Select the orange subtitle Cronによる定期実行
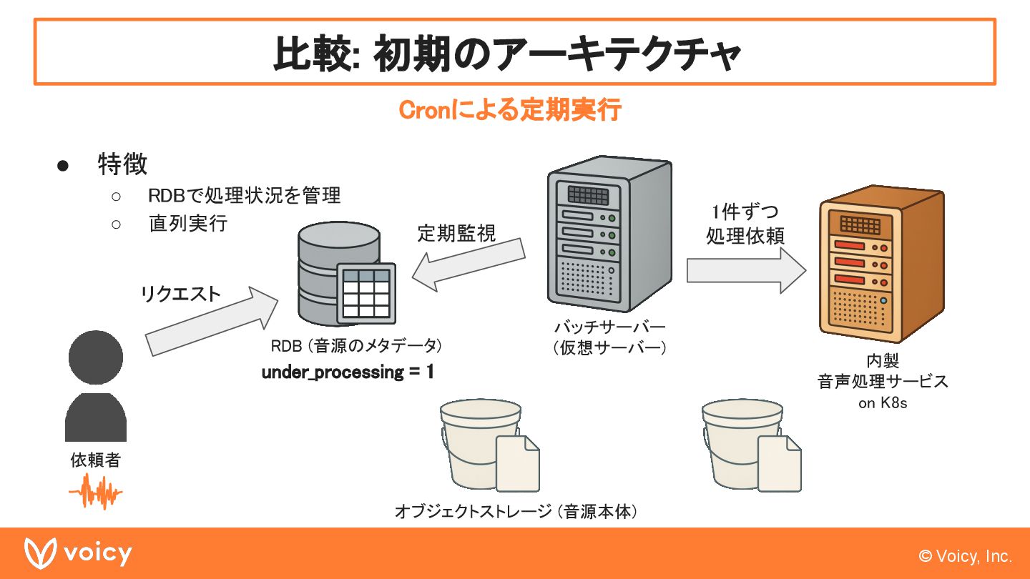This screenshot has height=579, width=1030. tap(509, 111)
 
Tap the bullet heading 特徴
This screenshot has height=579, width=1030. tap(122, 164)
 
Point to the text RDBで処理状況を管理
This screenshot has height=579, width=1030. tap(244, 195)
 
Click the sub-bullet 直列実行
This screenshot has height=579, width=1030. tap(188, 223)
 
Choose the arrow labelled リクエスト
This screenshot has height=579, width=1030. tap(211, 322)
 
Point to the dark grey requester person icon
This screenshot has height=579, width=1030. tap(96, 386)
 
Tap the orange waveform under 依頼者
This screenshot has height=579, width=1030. tap(95, 493)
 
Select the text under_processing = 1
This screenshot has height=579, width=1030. tap(348, 372)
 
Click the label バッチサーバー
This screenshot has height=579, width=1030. tap(609, 327)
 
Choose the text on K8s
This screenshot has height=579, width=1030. tap(883, 403)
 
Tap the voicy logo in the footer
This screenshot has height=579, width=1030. tap(78, 554)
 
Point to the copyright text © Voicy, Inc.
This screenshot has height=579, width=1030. tap(966, 556)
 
